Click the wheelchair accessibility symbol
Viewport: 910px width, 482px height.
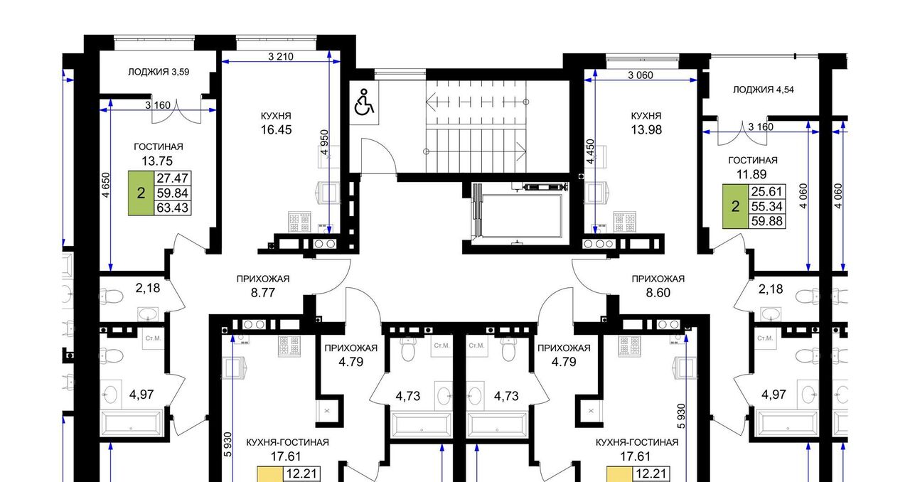coord(364,102)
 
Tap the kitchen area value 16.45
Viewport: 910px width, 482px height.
coord(277,129)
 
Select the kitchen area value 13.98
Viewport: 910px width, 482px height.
coord(646,129)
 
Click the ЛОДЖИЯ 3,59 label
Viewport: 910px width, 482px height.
coord(159,72)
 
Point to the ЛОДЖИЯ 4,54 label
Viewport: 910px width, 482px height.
coord(764,90)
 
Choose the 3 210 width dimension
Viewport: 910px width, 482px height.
coord(281,56)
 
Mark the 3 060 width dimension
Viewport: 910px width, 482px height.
coord(641,75)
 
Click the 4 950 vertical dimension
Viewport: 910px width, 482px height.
coord(324,142)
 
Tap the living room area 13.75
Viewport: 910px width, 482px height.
coord(157,161)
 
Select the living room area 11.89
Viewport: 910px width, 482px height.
coord(752,174)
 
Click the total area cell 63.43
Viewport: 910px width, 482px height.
coord(173,208)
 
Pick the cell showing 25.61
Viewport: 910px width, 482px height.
coord(766,191)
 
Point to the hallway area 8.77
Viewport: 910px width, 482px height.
coord(263,293)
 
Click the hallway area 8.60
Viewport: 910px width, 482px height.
coord(658,293)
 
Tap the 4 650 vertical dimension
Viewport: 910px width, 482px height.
coord(106,185)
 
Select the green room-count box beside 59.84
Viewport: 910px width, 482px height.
coord(141,193)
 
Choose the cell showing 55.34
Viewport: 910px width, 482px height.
coord(766,206)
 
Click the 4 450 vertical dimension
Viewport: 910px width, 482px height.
coord(590,151)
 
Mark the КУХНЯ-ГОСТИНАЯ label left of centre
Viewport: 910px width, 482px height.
coord(288,442)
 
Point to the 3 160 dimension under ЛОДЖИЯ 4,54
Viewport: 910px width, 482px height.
coord(761,127)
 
